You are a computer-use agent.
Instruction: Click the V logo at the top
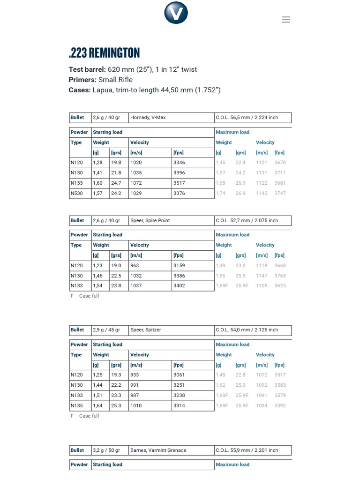(176, 13)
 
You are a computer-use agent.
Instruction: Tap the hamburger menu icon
(286, 20)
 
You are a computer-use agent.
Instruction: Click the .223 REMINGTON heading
(104, 53)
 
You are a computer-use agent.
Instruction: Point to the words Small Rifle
(115, 80)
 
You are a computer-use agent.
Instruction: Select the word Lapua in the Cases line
(102, 90)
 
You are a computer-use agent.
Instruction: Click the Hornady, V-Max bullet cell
(148, 118)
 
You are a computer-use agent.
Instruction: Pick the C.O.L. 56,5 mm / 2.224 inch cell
(247, 118)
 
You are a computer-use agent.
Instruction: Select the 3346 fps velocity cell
(180, 163)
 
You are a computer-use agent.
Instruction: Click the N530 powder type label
(77, 194)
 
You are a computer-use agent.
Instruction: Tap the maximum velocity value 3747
(280, 194)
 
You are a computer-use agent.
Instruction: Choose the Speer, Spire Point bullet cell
(150, 220)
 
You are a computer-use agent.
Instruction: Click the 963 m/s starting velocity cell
(135, 266)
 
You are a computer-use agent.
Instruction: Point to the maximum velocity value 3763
(280, 276)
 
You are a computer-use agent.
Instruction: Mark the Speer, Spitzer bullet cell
(146, 330)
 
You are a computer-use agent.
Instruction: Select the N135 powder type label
(77, 406)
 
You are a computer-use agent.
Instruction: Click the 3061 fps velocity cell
(180, 375)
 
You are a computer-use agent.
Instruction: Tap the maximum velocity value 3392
(280, 406)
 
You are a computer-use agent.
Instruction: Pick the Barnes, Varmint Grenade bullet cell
(158, 450)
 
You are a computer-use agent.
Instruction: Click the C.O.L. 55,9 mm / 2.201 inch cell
(247, 450)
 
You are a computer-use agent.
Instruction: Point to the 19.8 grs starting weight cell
(116, 163)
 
